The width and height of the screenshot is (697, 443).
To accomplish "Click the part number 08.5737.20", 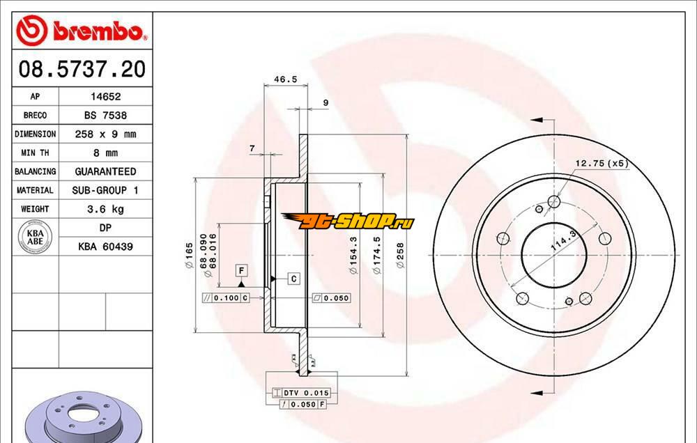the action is pos(82,70).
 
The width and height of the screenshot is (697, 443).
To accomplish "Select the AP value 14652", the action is pos(105,96).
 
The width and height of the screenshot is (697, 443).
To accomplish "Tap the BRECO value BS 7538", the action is pos(105,116).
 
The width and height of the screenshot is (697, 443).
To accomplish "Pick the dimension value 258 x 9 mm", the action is pos(105,134).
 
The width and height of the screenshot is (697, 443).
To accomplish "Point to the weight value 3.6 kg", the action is pos(105,209).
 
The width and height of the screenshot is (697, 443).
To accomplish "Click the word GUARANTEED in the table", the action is pos(105,171).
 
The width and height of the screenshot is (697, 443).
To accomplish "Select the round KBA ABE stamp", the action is pos(35,238).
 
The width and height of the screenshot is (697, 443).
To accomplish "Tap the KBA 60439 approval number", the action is pos(105,247).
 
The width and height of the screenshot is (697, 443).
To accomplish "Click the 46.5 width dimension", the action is pos(285,79).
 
